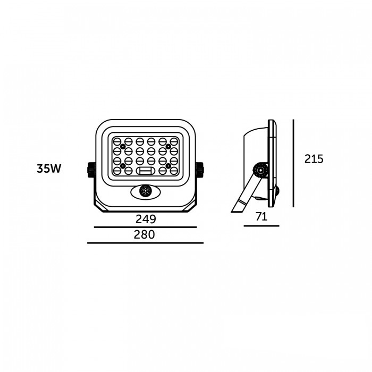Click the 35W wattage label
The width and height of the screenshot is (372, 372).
49,168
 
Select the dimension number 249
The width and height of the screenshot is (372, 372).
146,219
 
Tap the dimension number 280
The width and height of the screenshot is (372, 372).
144,235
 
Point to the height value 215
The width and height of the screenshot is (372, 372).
314,159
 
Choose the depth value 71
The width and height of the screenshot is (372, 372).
261,217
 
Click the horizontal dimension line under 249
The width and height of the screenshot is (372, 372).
146,227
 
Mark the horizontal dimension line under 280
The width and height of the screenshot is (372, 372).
146,243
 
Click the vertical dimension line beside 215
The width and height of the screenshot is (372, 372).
293,163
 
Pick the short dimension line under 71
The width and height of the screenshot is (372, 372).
261,226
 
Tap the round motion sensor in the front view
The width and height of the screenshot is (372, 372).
146,191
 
